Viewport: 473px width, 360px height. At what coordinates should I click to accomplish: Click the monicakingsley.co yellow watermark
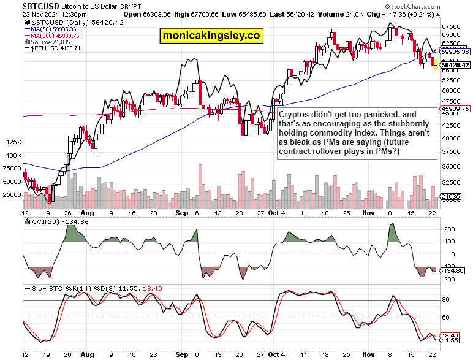tap(211, 36)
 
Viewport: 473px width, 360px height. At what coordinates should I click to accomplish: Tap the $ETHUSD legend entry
tap(53, 48)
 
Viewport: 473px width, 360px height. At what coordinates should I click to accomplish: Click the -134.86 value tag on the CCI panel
tap(453, 270)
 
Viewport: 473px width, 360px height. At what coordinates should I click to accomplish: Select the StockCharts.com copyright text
tap(444, 6)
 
